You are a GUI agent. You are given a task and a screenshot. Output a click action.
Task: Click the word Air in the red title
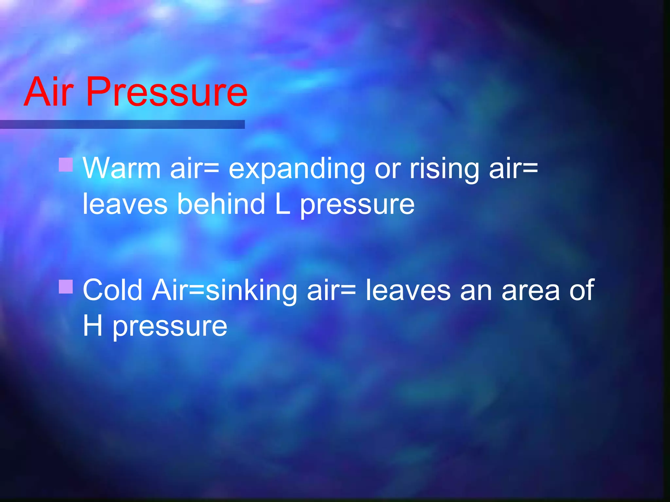tap(48, 92)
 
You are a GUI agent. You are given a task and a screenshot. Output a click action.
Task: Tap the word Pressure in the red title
tap(167, 92)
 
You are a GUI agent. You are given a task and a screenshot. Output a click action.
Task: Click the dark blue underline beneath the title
tap(122, 124)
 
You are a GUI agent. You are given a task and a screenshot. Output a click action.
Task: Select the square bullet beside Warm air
tap(66, 165)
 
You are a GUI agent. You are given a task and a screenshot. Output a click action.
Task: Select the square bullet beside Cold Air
tap(66, 286)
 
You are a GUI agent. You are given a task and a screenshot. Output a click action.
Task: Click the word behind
tap(221, 204)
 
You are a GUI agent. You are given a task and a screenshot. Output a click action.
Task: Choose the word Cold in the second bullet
tap(113, 290)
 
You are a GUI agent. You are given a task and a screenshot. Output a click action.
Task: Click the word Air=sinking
tap(224, 290)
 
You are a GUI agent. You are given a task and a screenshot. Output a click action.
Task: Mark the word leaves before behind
tap(125, 204)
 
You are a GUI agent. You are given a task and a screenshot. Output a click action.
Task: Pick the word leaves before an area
tap(408, 290)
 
